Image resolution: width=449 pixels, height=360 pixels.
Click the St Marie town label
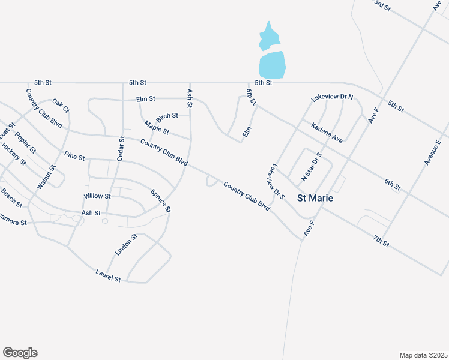tap(316, 198)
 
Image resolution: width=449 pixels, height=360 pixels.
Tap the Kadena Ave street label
tap(327, 133)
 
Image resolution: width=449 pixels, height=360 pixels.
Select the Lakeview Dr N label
tap(332, 97)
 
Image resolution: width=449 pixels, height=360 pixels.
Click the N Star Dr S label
tap(312, 167)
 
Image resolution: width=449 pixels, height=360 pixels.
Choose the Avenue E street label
tap(432, 152)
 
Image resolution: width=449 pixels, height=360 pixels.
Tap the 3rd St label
tap(382, 6)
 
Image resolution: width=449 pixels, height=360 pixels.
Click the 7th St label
tap(381, 242)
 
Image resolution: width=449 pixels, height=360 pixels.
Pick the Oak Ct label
tap(61, 106)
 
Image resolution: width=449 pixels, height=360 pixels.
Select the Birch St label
tap(167, 115)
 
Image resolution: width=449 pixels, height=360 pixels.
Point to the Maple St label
tap(157, 128)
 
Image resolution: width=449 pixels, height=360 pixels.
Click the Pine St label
tap(74, 157)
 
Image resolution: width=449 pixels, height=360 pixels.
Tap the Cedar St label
tap(121, 148)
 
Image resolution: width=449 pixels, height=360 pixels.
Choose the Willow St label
tap(97, 196)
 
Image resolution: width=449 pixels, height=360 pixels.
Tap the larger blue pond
tap(271, 64)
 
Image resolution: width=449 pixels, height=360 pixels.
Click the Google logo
tap(20, 353)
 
